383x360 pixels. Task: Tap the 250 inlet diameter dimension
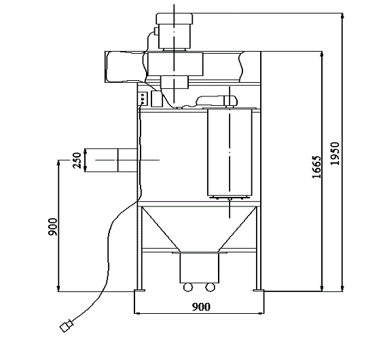(77, 160)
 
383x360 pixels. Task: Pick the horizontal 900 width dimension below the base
(201, 307)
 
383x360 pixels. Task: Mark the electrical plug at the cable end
(67, 326)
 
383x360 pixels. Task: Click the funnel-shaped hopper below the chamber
(198, 228)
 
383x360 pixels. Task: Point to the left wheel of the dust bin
(187, 285)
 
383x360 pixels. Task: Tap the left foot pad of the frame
(140, 291)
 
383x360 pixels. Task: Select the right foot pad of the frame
(258, 291)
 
